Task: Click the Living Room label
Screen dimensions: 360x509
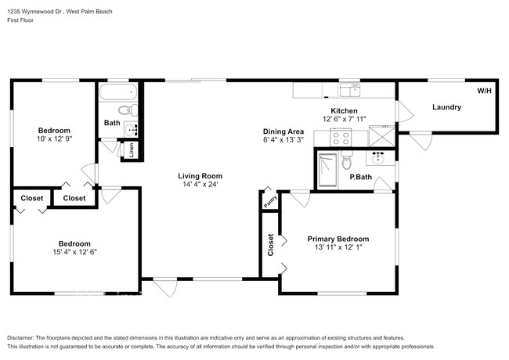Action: (200, 176)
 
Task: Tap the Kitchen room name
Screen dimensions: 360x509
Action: (344, 111)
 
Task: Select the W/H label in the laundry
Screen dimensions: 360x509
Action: (483, 91)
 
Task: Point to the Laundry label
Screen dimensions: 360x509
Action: (446, 106)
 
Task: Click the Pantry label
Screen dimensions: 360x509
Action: (268, 202)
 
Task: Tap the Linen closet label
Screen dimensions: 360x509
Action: (132, 148)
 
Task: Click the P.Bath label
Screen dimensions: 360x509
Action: (360, 178)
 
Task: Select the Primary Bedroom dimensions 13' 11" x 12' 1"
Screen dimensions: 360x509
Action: (338, 250)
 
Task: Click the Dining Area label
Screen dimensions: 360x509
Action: (283, 131)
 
